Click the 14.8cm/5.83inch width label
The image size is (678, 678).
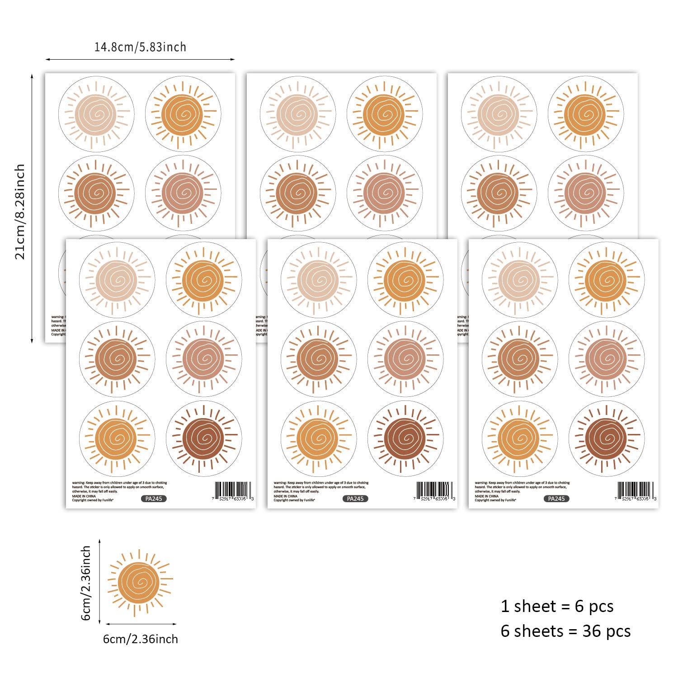point(140,47)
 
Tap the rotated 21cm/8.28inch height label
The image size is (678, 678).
point(20,212)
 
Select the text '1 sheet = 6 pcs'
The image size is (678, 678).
point(557,606)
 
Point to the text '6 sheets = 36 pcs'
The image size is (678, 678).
point(565,631)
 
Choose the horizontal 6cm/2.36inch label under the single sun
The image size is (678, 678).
point(141,639)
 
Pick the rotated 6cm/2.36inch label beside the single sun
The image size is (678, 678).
point(86,583)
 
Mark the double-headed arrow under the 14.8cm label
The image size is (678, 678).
point(140,59)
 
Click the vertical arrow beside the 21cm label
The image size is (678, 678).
point(32,208)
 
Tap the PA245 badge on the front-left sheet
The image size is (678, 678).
point(154,499)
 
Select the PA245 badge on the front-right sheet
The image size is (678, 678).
point(556,499)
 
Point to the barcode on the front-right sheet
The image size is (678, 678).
point(635,490)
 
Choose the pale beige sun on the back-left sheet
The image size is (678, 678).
point(96,114)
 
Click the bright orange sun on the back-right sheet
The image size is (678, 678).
point(586,114)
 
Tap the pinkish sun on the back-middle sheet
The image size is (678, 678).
point(385,193)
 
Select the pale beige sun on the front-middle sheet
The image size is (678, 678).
point(319,280)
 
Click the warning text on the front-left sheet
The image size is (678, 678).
point(119,487)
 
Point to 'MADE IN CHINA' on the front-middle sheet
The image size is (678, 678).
point(286,496)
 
